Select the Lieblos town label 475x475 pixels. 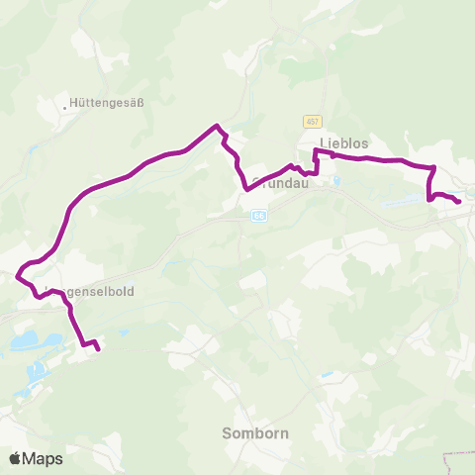coord(344,143)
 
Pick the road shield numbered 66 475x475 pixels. coord(258,215)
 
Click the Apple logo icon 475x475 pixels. coord(16,458)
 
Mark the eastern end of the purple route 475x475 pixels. coord(458,202)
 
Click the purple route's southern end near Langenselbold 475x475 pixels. coord(98,348)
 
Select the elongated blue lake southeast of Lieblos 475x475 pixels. coord(406,201)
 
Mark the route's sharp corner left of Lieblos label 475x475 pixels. coord(316,150)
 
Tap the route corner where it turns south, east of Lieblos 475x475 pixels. coord(434,167)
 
